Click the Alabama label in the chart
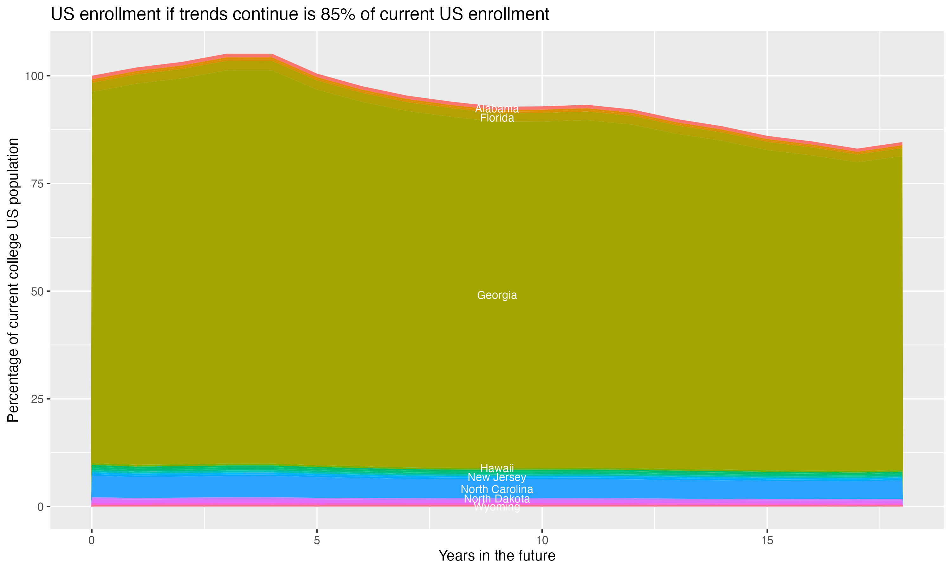(497, 108)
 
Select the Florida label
(497, 118)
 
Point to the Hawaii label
(497, 468)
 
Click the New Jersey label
(497, 477)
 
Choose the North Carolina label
(497, 489)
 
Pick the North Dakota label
(497, 499)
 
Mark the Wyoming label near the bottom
(497, 507)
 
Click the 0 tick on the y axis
(40, 507)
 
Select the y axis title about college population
(13, 280)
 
